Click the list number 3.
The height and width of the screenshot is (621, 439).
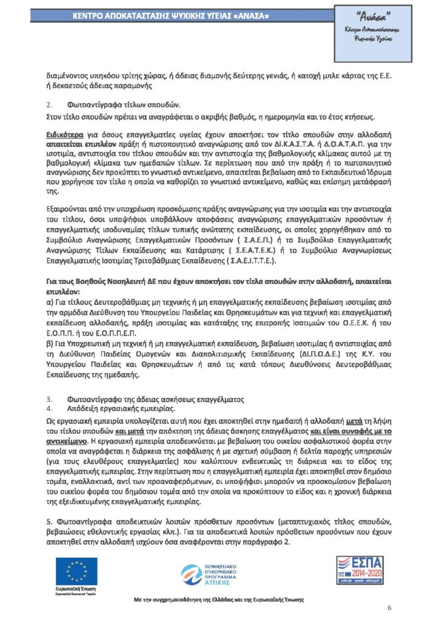click(50, 399)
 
